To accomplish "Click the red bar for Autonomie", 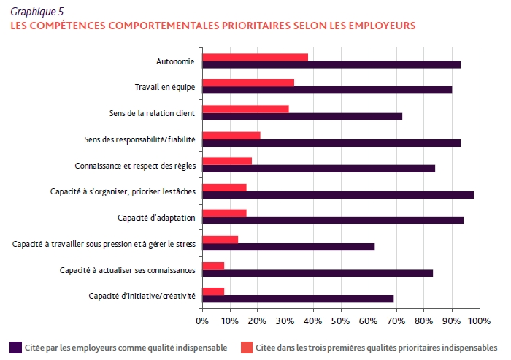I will (x=255, y=57).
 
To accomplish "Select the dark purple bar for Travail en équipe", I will (x=327, y=90).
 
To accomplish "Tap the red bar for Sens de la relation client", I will (x=245, y=109).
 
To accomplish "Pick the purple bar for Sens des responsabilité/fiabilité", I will (x=331, y=142).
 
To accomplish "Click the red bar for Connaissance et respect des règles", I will (x=227, y=161).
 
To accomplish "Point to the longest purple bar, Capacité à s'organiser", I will (x=338, y=195).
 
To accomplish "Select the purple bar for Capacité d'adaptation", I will (x=333, y=221).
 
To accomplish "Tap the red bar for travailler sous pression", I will (x=220, y=239).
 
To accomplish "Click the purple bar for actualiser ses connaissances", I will (x=318, y=273).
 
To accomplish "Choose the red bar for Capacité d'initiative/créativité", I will (x=213, y=291).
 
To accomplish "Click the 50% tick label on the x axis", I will (x=341, y=321).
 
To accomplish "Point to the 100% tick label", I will (x=478, y=321).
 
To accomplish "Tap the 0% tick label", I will (x=203, y=321).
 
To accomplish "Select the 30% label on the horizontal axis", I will (x=285, y=321).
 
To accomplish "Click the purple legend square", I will (x=15, y=346).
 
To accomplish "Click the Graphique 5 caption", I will (x=36, y=11).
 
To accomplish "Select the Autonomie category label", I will (x=175, y=61).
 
